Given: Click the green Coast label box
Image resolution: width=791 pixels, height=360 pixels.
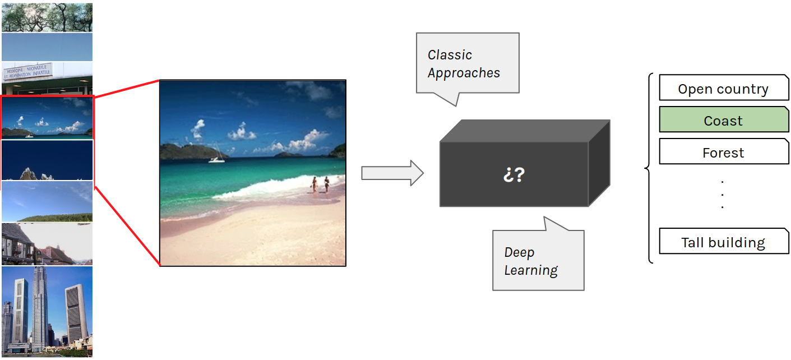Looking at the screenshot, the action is point(723,121).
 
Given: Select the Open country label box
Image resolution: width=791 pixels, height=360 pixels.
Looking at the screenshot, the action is point(723,89).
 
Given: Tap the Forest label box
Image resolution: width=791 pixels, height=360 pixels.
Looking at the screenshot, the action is point(723,153).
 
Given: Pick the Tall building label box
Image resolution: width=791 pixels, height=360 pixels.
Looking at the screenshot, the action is point(723,242).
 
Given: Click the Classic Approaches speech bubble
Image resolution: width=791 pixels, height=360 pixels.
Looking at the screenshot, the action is point(467,63).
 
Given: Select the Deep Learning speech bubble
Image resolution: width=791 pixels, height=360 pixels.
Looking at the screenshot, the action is point(538,261).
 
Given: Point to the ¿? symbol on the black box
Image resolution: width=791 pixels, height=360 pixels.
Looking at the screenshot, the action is point(514,174).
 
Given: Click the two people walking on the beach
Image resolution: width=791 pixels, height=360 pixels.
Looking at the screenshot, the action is point(320,184).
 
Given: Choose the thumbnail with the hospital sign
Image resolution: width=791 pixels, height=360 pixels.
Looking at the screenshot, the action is point(47,78).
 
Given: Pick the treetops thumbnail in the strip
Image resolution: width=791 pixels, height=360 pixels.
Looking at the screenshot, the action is point(47,17).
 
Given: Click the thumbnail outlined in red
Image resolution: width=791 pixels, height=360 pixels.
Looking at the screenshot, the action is point(47,118).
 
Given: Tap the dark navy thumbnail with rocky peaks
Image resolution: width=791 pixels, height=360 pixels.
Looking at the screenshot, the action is point(47,160).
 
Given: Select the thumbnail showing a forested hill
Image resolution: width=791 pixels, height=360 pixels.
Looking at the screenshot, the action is point(47,201).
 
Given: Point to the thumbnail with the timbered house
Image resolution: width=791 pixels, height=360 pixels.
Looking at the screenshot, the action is point(47,244).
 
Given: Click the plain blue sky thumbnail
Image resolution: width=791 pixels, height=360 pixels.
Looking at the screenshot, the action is point(47,47).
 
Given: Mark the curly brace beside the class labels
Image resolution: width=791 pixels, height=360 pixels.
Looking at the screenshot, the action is point(649,168).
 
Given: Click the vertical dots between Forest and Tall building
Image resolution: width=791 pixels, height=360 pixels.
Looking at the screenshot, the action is point(722,194).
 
